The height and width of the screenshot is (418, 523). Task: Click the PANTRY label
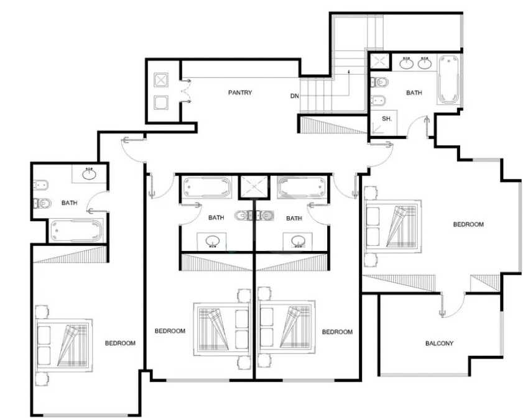point(240,93)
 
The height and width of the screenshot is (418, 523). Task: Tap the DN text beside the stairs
point(295,96)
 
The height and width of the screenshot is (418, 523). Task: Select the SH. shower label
point(387,119)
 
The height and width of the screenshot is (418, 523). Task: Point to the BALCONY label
point(439,343)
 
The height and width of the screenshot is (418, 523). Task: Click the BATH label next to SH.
point(414,93)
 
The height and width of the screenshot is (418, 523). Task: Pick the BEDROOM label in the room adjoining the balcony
point(468,224)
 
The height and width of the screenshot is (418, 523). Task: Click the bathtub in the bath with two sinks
point(448,80)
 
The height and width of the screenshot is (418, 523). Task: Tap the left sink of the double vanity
point(407,63)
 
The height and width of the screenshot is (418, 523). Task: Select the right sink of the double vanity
point(425,63)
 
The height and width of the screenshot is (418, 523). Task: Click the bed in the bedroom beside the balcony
point(394,227)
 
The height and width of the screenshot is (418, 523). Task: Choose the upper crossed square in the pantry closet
point(161,80)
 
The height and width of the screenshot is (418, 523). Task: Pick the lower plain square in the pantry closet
point(161,102)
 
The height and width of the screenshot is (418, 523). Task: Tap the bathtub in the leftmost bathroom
point(76,231)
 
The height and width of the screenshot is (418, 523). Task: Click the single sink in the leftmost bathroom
point(89,174)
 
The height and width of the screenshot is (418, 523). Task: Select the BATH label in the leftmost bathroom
point(70,202)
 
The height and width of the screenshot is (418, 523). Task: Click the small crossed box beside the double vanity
point(379,61)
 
